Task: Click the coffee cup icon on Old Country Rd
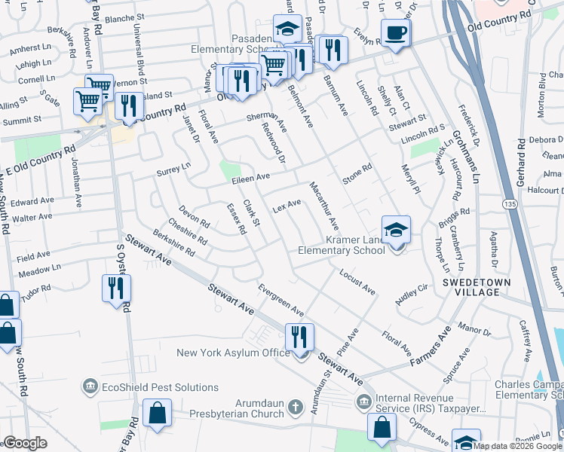point(395,33)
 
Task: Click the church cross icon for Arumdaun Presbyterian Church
point(296,407)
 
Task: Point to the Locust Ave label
point(357,280)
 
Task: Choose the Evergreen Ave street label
point(280,300)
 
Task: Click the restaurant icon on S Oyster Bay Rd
point(117,289)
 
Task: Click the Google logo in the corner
point(26,443)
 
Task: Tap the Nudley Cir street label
point(412,292)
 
